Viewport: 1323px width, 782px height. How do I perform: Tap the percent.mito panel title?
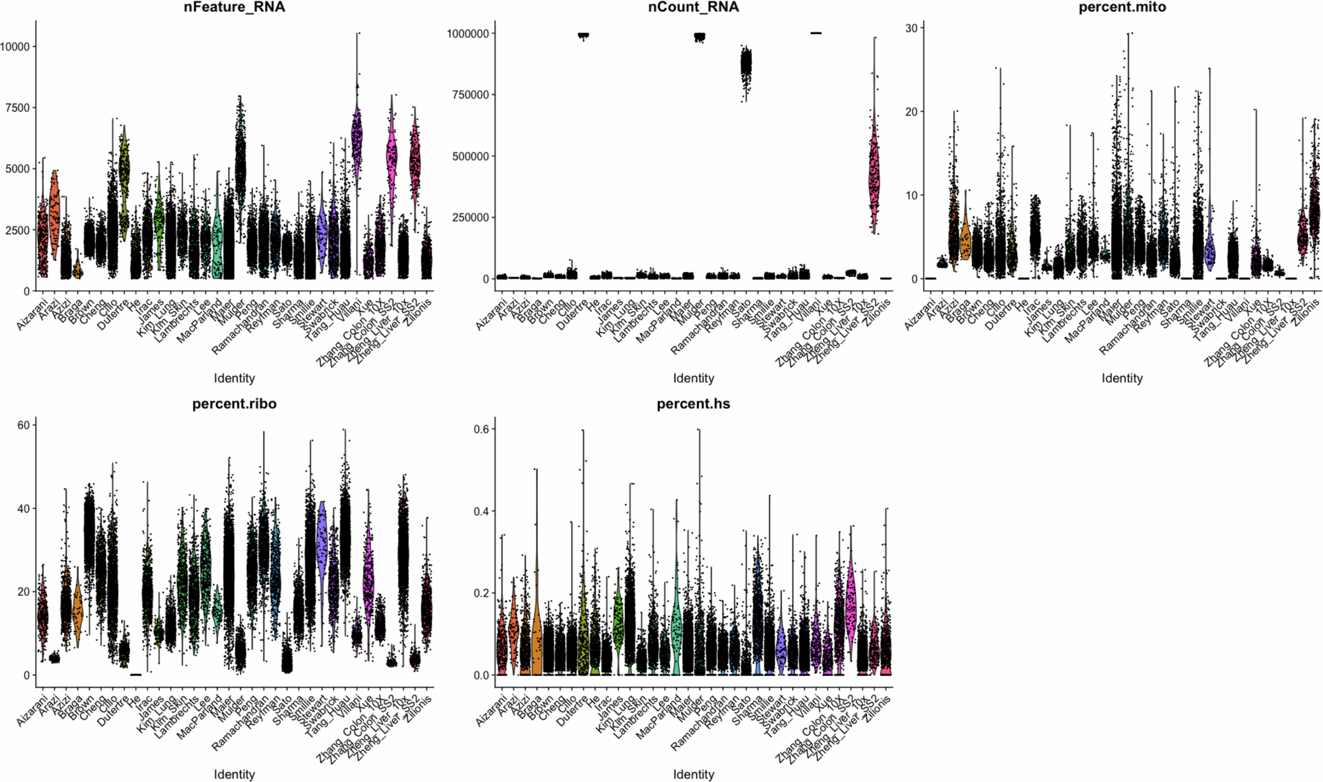[x=1122, y=7]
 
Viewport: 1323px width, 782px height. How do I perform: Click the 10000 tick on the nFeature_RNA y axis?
[x=15, y=46]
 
